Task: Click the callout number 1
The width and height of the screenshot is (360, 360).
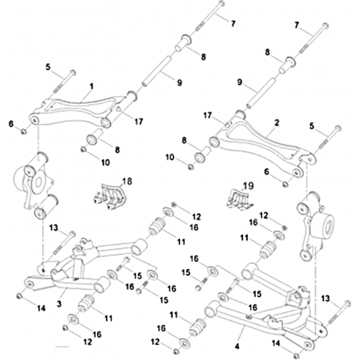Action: tap(92, 87)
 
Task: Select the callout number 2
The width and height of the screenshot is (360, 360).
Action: tap(277, 123)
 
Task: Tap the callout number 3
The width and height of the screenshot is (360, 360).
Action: tap(59, 303)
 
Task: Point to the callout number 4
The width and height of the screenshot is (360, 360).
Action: tap(237, 346)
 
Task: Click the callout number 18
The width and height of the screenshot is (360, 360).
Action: tap(127, 182)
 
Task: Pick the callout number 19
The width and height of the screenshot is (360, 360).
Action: tap(248, 186)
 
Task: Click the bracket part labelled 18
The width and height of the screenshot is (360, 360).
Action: tap(109, 196)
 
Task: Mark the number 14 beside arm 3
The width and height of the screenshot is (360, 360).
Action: tap(41, 308)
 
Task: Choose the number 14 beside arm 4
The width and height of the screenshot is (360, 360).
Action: tap(276, 343)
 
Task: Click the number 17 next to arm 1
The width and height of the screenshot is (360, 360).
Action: tap(139, 121)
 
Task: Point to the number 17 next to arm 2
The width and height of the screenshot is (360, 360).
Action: tap(208, 115)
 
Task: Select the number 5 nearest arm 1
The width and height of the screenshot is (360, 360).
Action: tap(48, 67)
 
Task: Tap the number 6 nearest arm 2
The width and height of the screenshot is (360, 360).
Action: tap(267, 172)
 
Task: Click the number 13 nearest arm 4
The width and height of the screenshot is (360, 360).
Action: tap(326, 299)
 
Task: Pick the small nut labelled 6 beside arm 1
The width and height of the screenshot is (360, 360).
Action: tap(23, 131)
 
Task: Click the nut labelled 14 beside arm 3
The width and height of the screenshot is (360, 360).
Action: tap(19, 295)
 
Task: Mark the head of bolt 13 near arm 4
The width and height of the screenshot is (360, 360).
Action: tap(347, 303)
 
